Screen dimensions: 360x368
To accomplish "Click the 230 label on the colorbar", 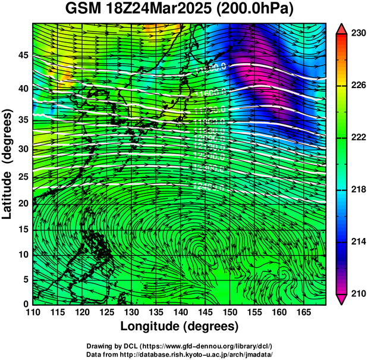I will pos(358,34).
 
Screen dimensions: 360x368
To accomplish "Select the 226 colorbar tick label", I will pos(358,86).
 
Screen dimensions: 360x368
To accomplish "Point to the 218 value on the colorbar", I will pos(358,189).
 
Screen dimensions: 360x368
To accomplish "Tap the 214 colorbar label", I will pos(358,242).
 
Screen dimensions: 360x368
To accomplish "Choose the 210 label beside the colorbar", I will pos(358,293).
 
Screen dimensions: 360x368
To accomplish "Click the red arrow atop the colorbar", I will pos(341,29).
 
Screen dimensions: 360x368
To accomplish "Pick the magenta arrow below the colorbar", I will pos(341,299).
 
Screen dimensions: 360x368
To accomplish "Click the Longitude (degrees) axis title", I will pos(180,326).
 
